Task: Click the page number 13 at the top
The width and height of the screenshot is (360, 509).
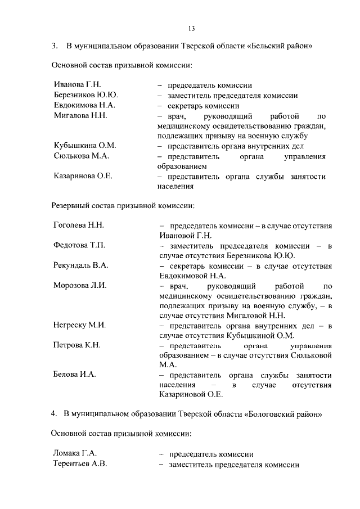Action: [x=191, y=28]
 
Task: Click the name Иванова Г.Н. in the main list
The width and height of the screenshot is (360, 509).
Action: [x=77, y=85]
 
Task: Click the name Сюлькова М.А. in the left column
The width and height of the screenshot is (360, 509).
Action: [x=81, y=156]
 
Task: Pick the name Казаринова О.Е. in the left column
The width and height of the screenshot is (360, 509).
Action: [x=83, y=176]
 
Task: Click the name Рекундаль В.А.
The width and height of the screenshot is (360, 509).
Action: [x=80, y=265]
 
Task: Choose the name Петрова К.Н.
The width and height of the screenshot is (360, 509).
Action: [x=76, y=345]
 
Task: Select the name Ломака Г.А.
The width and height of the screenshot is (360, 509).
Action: [x=75, y=454]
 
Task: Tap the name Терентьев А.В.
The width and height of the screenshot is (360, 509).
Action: [x=80, y=464]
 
